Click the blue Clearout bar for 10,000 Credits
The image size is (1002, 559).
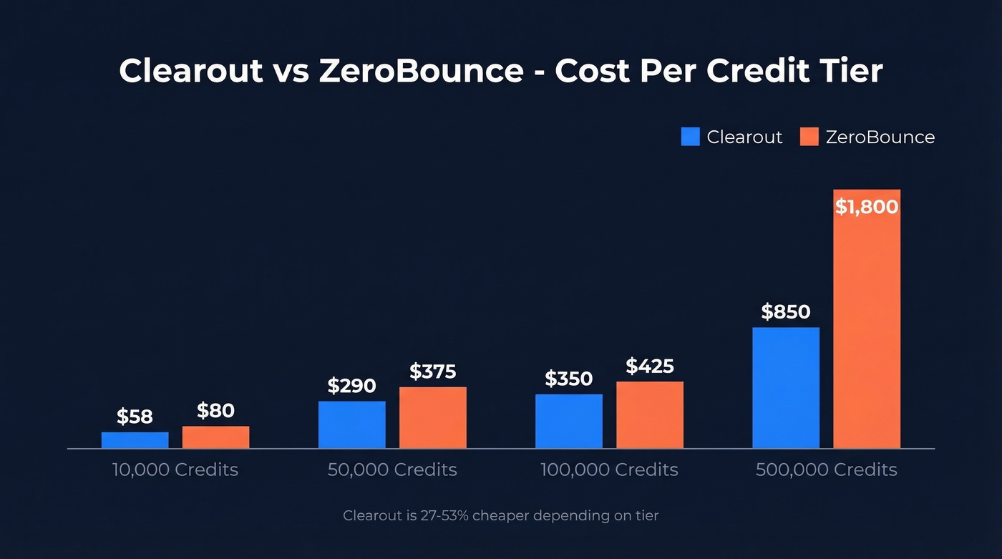point(135,440)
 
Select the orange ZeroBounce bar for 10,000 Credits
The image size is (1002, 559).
point(215,437)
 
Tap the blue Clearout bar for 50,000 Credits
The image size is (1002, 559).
point(351,424)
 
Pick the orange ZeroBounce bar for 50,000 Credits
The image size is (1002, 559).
point(432,417)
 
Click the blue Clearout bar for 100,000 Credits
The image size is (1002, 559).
point(568,421)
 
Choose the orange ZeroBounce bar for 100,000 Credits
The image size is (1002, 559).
point(649,415)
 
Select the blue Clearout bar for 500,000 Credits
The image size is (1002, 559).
point(785,388)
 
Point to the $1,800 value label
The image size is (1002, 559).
point(866,207)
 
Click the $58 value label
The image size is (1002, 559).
point(135,417)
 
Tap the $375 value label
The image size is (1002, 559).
point(432,371)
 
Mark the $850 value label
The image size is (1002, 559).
point(785,312)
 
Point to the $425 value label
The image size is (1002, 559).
point(649,366)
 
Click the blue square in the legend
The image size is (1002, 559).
point(690,137)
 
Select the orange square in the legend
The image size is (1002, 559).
point(809,137)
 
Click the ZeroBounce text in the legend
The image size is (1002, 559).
point(880,137)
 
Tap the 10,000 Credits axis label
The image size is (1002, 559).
point(175,470)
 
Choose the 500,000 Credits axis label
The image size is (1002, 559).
point(826,470)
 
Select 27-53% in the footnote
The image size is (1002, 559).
point(447,515)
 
